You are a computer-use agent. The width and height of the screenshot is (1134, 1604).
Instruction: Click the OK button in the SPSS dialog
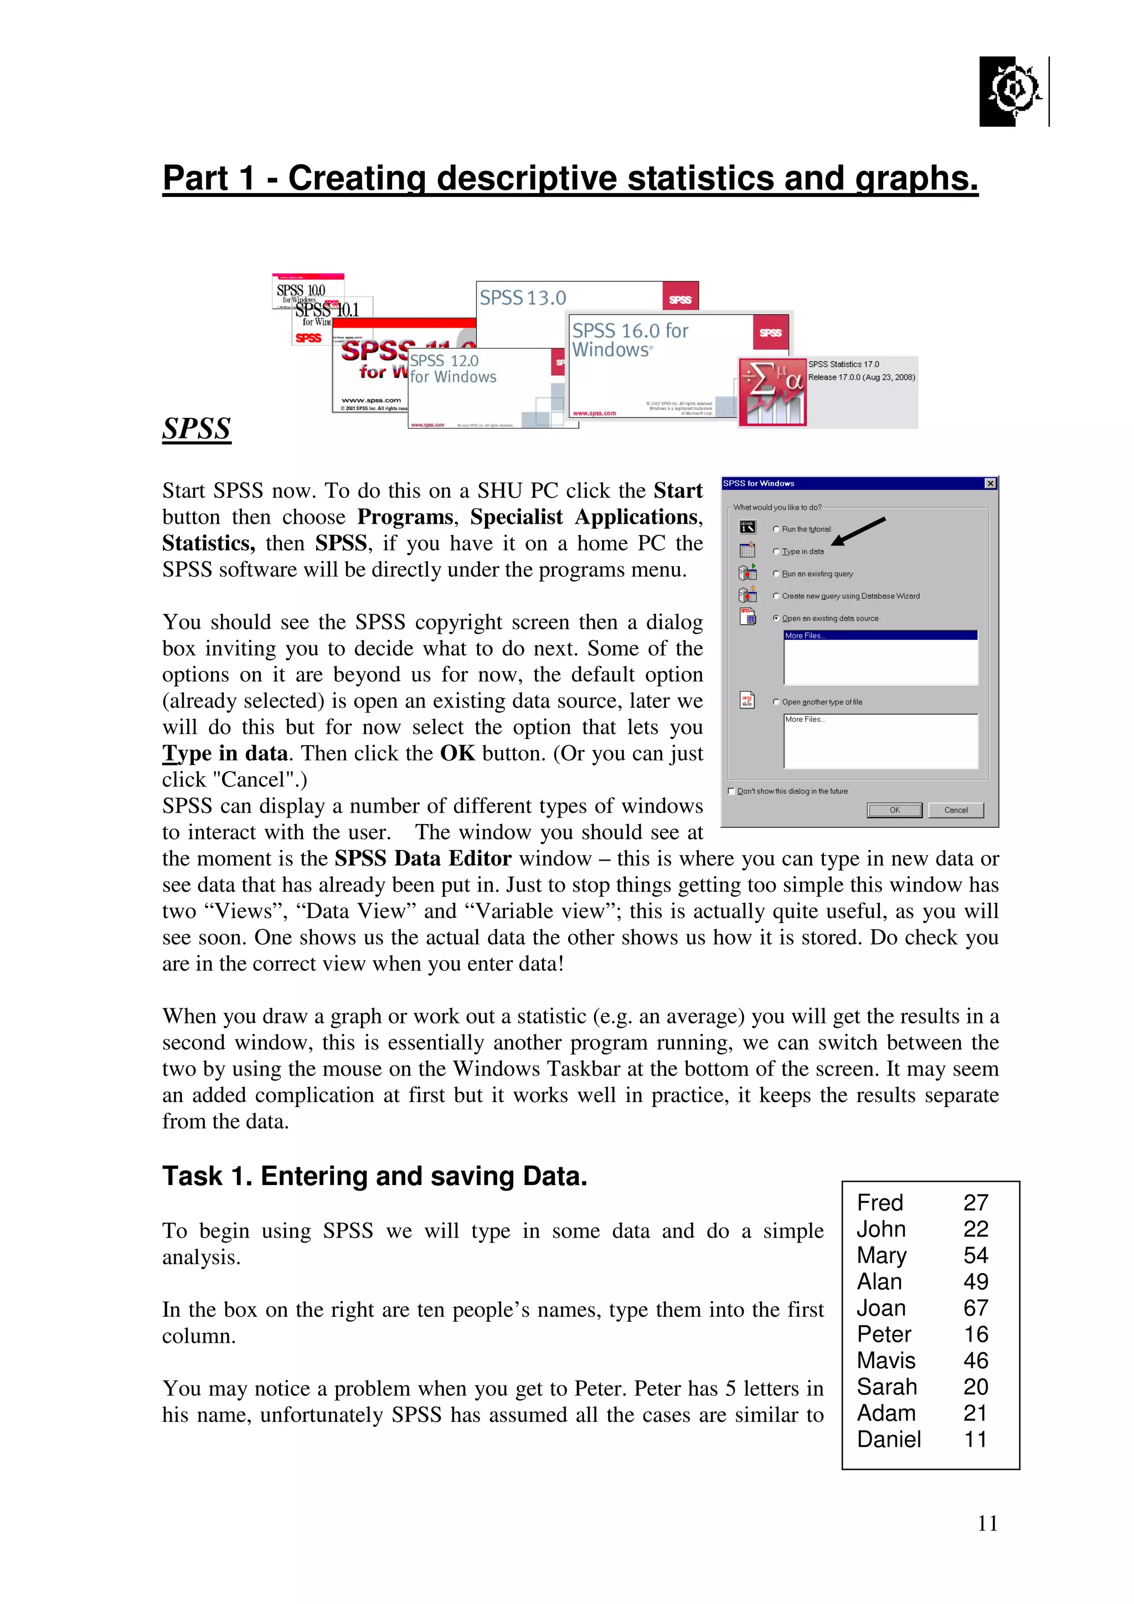894,810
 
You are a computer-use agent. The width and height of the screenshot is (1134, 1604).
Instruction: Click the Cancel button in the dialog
955,810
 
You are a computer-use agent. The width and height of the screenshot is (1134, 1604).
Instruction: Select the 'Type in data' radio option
776,551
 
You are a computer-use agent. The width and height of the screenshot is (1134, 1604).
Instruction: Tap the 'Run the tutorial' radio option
776,529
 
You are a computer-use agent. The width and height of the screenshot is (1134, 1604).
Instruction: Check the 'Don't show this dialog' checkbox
731,791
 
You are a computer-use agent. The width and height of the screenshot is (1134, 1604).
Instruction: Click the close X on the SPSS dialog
989,483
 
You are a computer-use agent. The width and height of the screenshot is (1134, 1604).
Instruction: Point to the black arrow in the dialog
858,531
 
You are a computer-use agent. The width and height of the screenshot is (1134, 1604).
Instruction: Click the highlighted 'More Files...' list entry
880,635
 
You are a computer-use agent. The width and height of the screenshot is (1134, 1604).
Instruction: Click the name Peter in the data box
883,1334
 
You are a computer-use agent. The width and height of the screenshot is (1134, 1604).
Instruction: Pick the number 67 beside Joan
976,1307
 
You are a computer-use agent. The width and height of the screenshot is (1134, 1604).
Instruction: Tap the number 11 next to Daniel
976,1439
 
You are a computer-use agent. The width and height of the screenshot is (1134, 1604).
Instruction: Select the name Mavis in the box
885,1359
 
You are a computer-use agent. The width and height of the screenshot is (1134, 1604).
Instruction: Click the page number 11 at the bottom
987,1523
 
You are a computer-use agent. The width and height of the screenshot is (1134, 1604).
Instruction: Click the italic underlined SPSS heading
197,428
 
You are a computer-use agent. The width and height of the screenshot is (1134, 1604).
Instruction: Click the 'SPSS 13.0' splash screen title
523,298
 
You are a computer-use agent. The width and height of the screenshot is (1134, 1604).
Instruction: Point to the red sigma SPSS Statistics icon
773,392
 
